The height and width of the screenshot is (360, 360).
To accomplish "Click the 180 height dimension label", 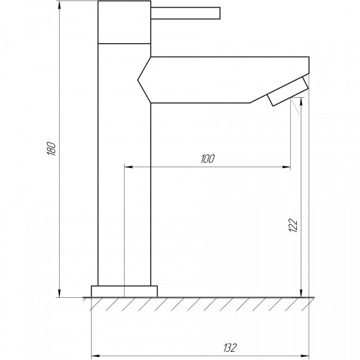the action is (51, 149).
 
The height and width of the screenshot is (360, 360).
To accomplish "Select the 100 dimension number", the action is (208, 158).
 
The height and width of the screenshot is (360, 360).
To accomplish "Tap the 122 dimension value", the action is (293, 225).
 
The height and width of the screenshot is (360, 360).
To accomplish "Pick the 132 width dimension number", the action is (230, 348).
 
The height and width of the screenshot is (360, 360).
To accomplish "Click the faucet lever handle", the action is (186, 13).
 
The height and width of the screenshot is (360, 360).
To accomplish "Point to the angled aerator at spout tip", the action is (287, 92).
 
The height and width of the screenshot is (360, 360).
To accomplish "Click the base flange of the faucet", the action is (124, 292).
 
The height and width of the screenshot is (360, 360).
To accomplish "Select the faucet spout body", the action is (223, 80).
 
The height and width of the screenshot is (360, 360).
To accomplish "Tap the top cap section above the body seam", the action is (124, 22).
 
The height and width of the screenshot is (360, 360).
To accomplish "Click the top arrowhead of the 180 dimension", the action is (60, 5).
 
